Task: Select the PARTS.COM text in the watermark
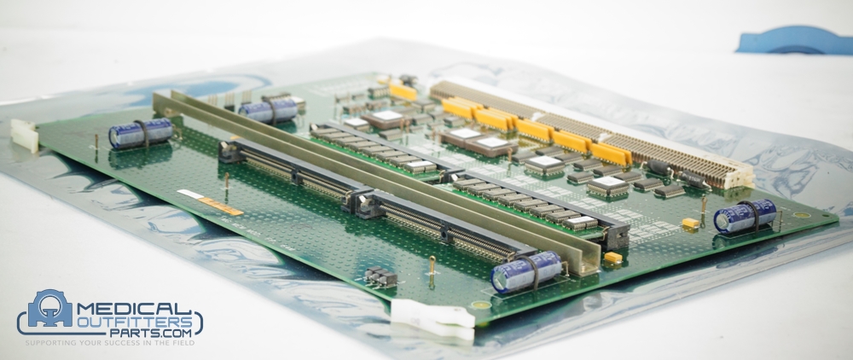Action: point(154,335)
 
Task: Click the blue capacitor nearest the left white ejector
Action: point(140,133)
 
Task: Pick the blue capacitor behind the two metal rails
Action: point(268,108)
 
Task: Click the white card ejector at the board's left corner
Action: point(25,135)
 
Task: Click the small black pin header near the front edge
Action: point(380,276)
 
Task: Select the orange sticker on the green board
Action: point(221,206)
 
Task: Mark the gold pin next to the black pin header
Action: point(432,269)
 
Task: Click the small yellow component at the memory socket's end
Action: point(612,257)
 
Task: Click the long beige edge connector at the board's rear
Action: point(597,128)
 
